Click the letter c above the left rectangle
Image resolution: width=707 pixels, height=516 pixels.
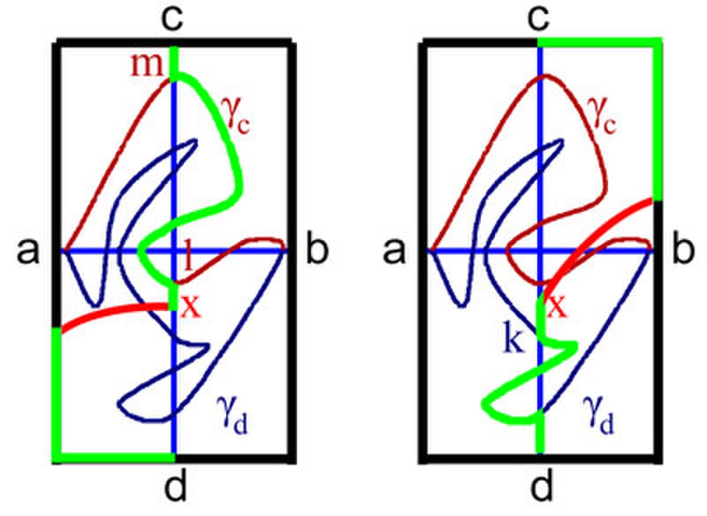click(x=172, y=19)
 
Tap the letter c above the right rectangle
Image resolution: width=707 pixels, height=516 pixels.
click(x=538, y=19)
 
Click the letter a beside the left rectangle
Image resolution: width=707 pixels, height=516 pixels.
click(x=28, y=252)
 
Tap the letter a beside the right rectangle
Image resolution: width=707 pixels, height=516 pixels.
click(x=394, y=252)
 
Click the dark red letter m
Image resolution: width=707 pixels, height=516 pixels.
click(x=147, y=65)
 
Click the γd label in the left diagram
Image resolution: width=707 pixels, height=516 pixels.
click(x=232, y=415)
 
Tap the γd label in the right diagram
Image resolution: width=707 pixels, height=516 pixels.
click(x=598, y=415)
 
